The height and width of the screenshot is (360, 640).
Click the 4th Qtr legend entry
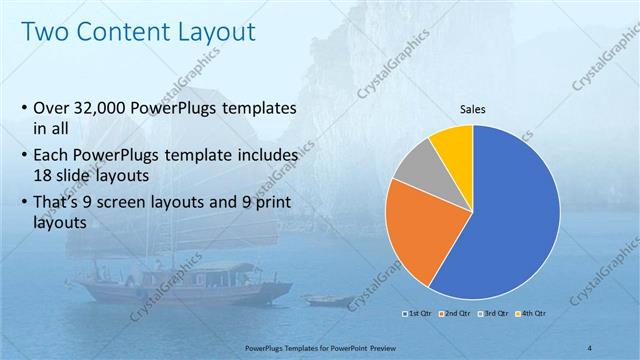coord(530,314)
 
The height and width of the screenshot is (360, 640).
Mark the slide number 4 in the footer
coord(590,346)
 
